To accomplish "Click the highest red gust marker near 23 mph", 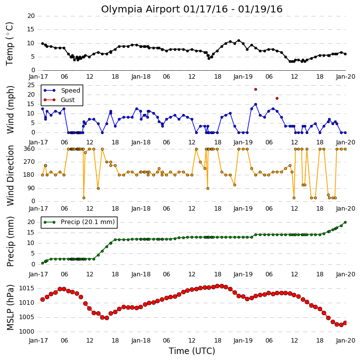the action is point(255,89).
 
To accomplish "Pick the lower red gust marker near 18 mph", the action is point(277,98).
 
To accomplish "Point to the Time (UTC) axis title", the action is point(192,351).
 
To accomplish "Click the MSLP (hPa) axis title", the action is point(10,307).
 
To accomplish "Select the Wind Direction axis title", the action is point(10,175).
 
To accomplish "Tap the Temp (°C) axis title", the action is point(9,44).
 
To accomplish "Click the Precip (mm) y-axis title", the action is point(10,241).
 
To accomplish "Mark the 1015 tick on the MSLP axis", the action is point(26,288).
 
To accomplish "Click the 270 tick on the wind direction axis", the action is point(29,162).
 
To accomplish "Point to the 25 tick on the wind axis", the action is point(31,85).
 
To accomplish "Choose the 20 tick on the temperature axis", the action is point(31,16).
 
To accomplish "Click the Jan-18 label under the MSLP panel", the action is point(141,341).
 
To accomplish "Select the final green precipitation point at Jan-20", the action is point(345,223).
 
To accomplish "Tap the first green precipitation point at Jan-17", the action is point(43,263).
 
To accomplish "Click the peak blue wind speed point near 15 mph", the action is point(255,104).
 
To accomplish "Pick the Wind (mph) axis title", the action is point(10,110).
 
